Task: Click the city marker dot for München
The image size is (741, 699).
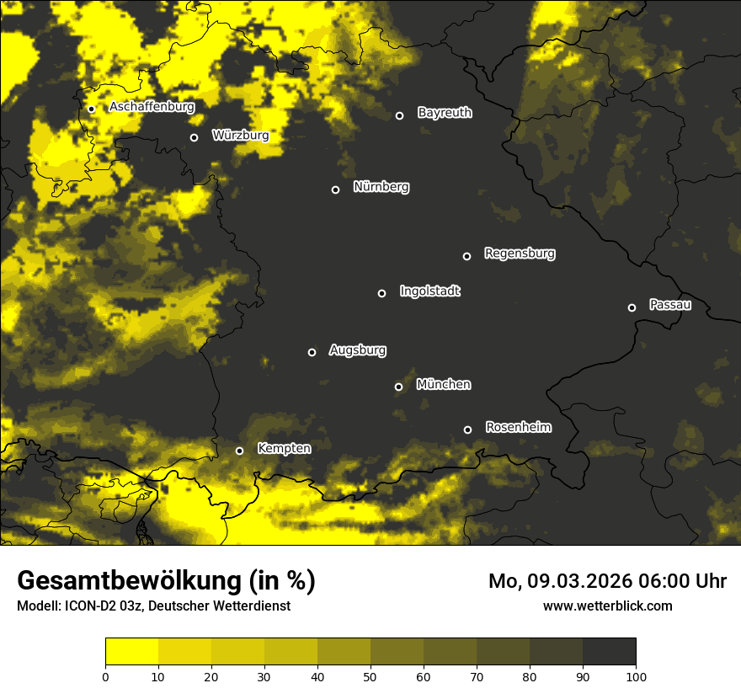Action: click(x=399, y=387)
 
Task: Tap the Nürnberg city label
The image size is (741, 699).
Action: click(x=381, y=187)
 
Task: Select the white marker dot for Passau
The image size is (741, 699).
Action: click(x=632, y=307)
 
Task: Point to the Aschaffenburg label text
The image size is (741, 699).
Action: click(x=152, y=107)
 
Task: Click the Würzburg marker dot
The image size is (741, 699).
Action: click(x=194, y=137)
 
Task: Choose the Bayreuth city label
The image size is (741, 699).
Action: click(x=445, y=113)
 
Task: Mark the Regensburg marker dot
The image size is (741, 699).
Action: click(x=466, y=256)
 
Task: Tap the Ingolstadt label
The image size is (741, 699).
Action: click(x=430, y=291)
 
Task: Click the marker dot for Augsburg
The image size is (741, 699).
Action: click(x=312, y=352)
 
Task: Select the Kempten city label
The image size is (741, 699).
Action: click(x=284, y=448)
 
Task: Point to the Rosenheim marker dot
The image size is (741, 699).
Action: click(x=467, y=430)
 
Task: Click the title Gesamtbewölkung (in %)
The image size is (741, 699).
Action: click(x=166, y=581)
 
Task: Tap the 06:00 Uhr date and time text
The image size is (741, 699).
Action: click(x=607, y=581)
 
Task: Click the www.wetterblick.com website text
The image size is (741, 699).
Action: click(x=607, y=606)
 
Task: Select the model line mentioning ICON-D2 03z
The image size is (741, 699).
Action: click(x=153, y=606)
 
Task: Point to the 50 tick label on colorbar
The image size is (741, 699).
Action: click(x=370, y=675)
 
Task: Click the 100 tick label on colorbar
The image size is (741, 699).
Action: click(x=636, y=675)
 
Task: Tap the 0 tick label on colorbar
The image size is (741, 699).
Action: click(x=105, y=675)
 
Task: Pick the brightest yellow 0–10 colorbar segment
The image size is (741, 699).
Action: click(x=132, y=652)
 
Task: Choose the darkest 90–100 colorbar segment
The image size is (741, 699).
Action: click(x=609, y=652)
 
